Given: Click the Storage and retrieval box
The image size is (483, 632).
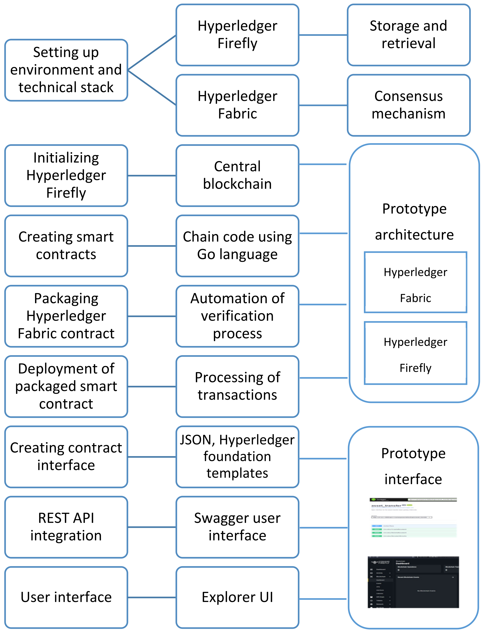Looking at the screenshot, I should point(408,35).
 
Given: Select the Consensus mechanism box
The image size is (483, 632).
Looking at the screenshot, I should point(408,105).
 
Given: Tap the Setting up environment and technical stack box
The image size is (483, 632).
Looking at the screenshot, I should point(66,70).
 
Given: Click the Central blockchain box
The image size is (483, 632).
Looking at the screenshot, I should point(237,175).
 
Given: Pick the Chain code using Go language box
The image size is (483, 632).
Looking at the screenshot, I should point(237,246).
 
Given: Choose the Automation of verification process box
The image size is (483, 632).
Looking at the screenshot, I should point(237,316).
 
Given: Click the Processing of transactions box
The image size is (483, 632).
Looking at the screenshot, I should point(237,386).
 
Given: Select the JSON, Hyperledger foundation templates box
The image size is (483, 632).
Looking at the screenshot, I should point(237,457).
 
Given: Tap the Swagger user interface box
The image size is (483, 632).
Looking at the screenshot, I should point(237,527).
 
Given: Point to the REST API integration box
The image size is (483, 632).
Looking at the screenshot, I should point(66,527).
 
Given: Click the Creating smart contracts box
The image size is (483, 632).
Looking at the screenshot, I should point(66,246).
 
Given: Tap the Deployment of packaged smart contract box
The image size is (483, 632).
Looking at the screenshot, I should point(66,386).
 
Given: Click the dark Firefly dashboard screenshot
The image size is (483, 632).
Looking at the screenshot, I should point(413,582).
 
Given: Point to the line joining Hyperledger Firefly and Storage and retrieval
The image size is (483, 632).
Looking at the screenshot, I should point(323,35).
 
